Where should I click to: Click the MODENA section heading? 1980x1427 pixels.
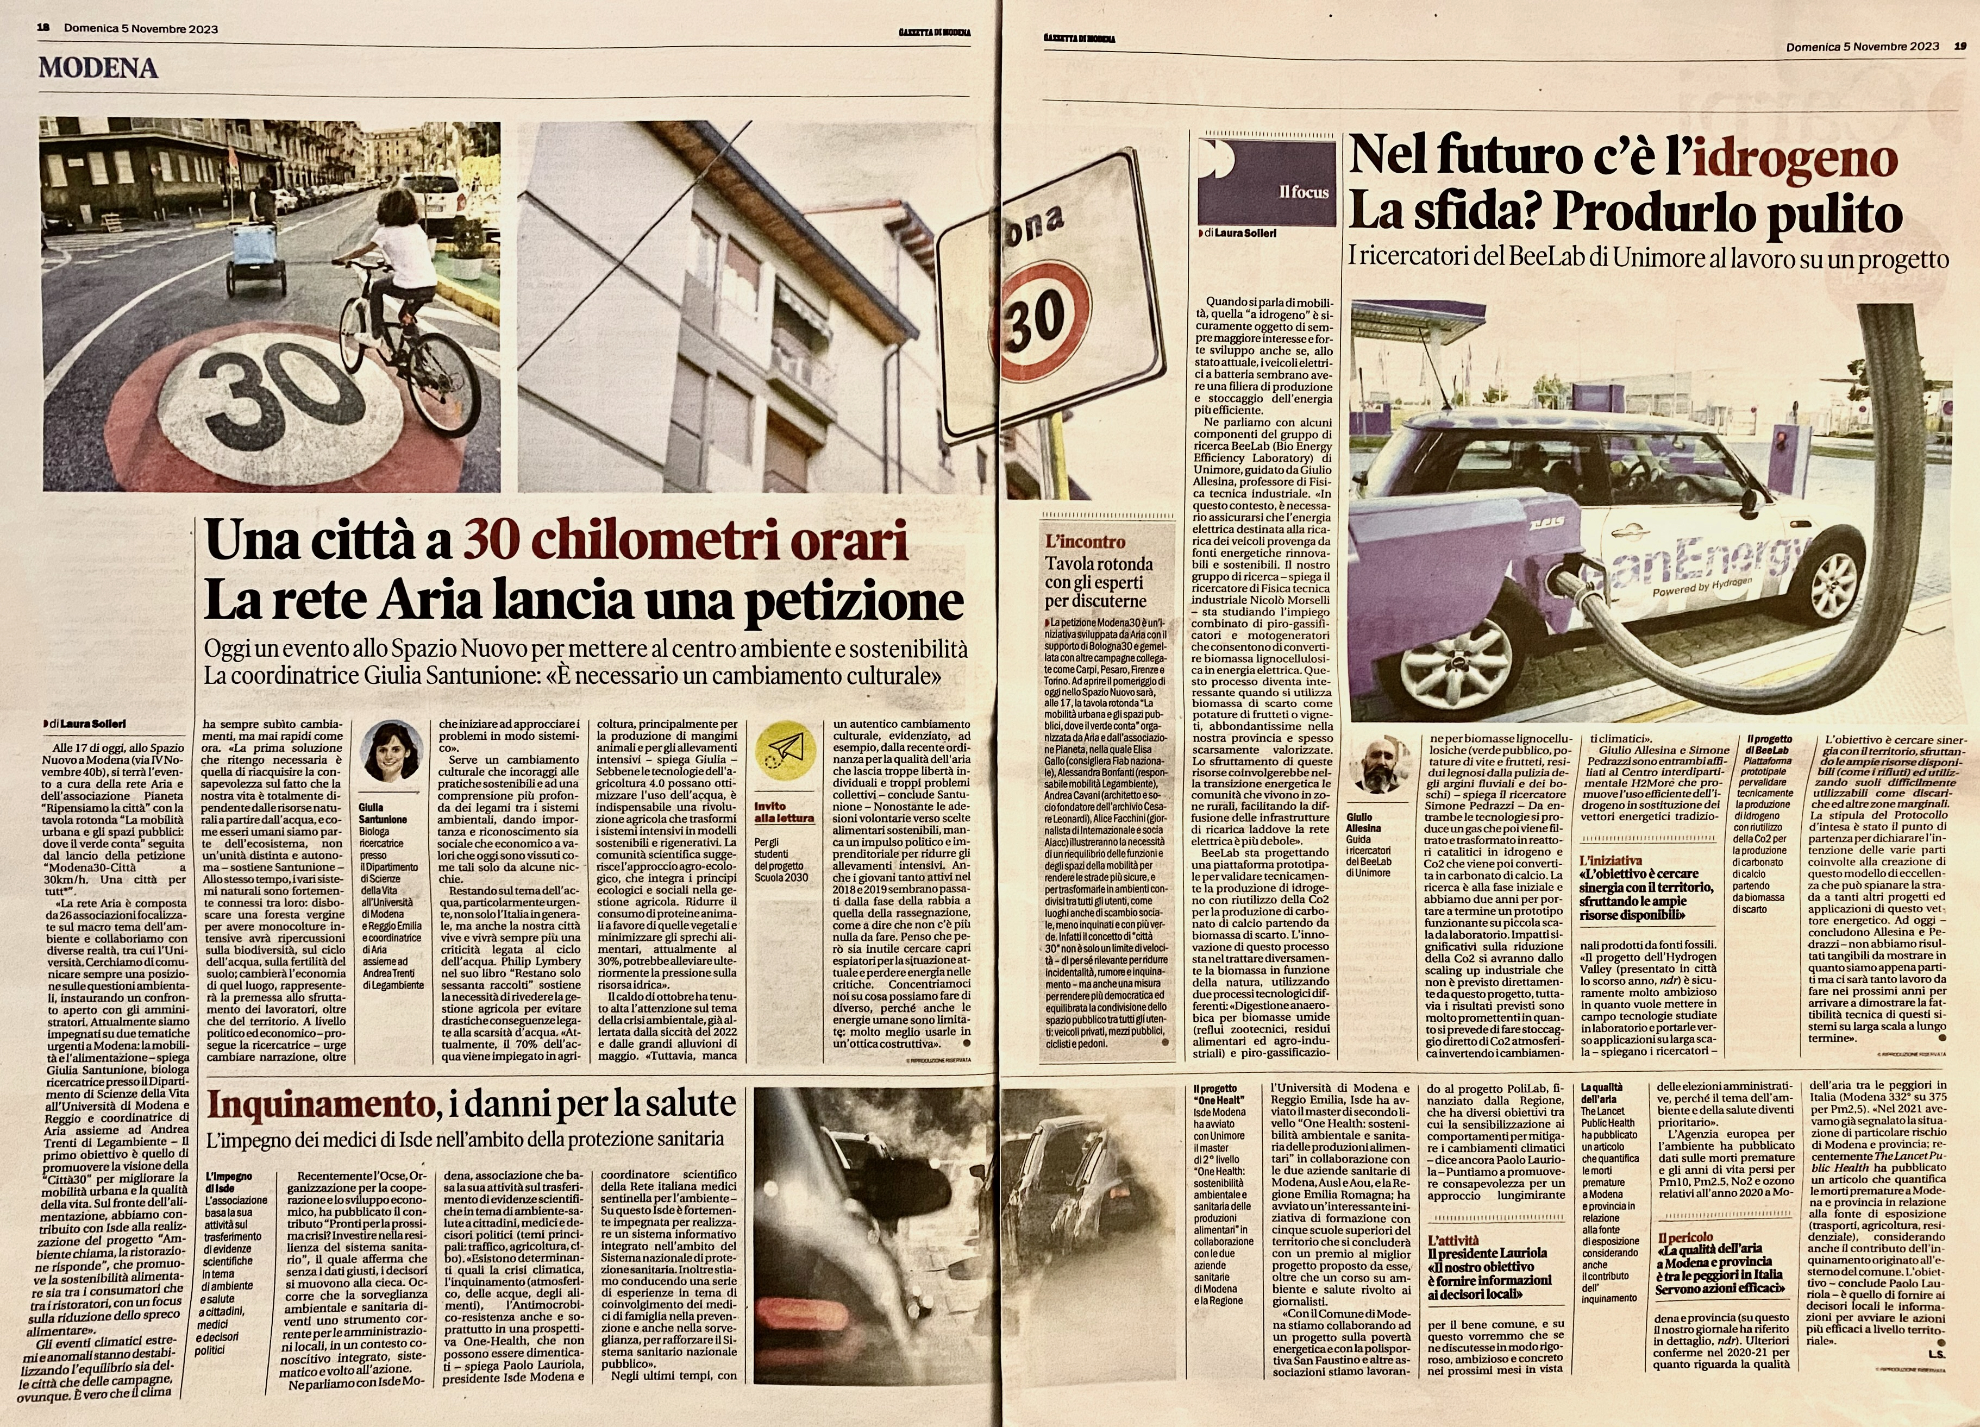pyautogui.click(x=98, y=68)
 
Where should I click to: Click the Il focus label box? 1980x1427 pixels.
pyautogui.click(x=1266, y=183)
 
